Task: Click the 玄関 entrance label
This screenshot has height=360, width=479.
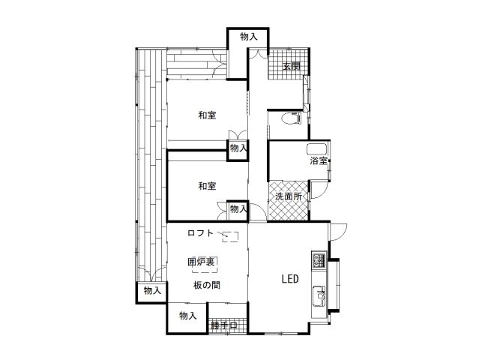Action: pos(292,66)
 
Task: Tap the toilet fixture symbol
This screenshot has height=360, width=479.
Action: pos(291,118)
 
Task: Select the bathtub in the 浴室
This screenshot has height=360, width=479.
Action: pos(317,149)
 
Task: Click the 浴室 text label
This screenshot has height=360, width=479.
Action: pos(319,160)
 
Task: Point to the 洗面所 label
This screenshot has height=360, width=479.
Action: pos(289,196)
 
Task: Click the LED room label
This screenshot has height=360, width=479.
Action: pos(290,279)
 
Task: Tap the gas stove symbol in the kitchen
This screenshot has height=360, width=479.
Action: pos(319,259)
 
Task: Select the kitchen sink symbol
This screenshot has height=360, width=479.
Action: pos(319,295)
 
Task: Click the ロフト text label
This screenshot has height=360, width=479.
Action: pos(200,233)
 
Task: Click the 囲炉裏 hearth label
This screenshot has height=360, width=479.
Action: pos(201,262)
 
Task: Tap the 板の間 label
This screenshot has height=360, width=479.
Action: pos(206,285)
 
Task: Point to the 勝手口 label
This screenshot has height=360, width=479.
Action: pos(223,325)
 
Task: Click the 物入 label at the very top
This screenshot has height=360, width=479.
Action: pos(249,37)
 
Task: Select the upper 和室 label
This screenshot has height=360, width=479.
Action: pos(207,115)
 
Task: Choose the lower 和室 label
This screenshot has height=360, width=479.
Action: pos(207,186)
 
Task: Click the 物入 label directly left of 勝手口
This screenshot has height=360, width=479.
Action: pos(188,316)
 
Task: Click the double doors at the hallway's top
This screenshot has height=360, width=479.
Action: pos(258,53)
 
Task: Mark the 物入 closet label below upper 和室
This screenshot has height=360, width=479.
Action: pos(238,148)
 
